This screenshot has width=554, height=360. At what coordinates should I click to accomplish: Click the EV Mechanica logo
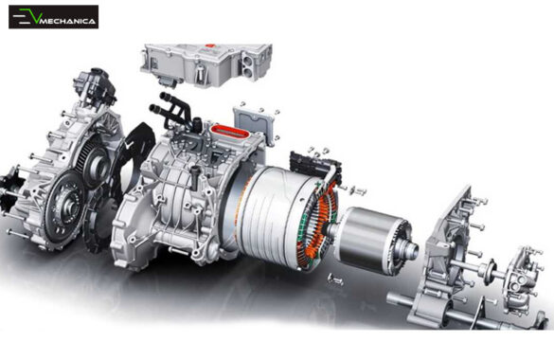53,17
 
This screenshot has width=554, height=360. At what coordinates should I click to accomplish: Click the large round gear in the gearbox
67,199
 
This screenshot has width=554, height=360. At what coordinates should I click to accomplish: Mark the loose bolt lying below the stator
336,279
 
